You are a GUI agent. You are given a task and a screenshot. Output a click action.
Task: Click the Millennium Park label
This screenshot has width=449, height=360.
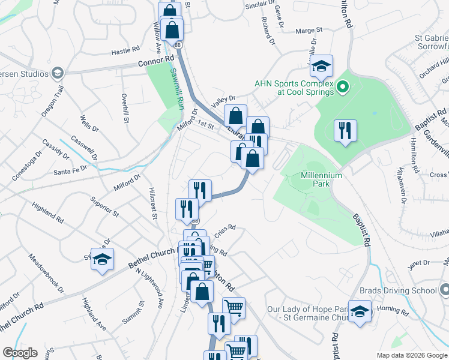[x=322, y=180]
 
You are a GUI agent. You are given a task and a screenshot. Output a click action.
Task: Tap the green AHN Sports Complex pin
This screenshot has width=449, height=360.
[x=342, y=88]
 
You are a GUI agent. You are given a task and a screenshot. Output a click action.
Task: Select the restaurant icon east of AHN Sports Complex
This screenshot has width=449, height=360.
[x=345, y=131]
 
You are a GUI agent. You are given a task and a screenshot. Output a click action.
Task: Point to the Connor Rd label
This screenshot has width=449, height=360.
[x=155, y=61]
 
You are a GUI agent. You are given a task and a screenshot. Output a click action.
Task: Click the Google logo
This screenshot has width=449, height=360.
[x=20, y=353]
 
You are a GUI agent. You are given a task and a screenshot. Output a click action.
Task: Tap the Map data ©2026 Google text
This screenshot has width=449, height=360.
[x=412, y=355]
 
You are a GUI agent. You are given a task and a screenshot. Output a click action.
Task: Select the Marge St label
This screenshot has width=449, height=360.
[x=310, y=29]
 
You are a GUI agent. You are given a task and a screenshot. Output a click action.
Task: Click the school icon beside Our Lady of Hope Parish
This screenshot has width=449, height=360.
[x=360, y=311]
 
